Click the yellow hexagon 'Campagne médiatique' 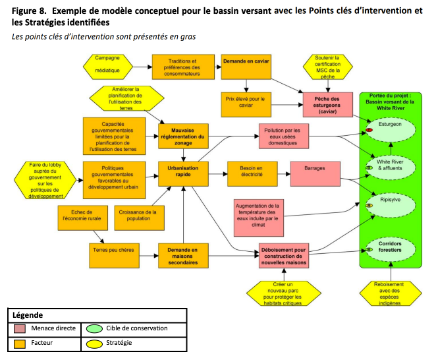(108, 67)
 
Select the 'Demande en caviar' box (246, 67)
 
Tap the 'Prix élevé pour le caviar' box (246, 105)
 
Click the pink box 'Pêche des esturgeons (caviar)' (327, 105)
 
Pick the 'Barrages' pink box (315, 173)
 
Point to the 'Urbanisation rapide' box (183, 173)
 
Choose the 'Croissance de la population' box (140, 218)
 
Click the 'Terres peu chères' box (115, 256)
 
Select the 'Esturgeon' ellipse (391, 129)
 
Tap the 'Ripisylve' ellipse (391, 206)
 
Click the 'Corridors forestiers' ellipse (391, 249)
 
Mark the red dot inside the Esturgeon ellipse (369, 130)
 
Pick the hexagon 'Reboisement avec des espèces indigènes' (391, 293)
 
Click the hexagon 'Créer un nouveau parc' (284, 293)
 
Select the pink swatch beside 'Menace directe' (20, 329)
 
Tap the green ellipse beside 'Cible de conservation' (94, 329)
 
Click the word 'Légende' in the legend (28, 315)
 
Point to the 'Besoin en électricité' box (252, 173)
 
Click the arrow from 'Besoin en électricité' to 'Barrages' (284, 174)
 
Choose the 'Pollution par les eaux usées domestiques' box (284, 136)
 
